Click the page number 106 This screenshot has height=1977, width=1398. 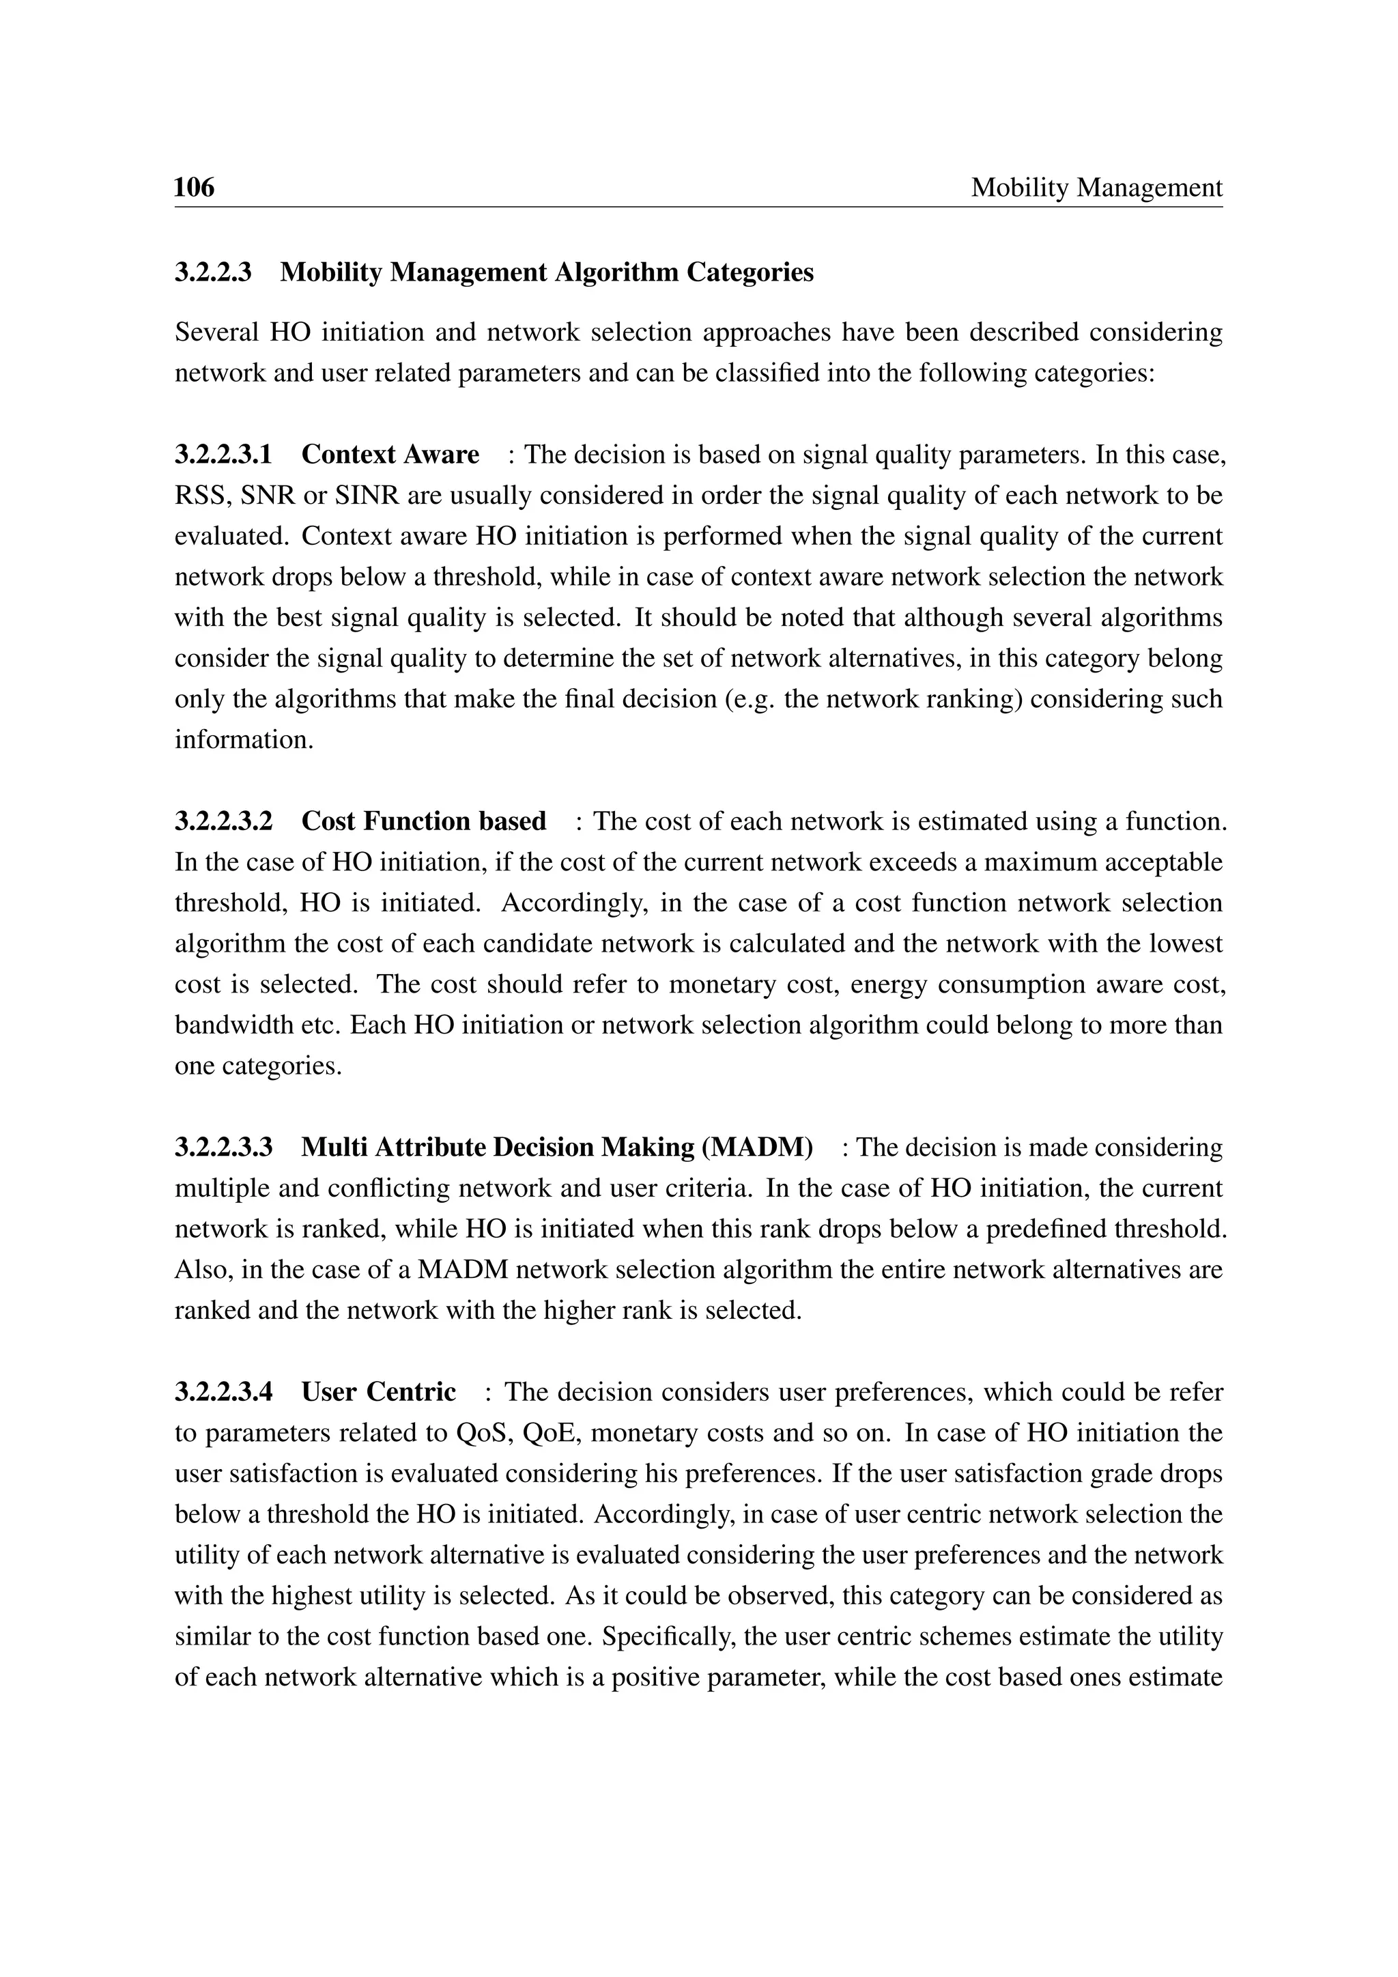(x=194, y=187)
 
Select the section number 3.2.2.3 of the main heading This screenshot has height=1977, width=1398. (x=212, y=272)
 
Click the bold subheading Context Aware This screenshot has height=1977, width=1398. (x=390, y=454)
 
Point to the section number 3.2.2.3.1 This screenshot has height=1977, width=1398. (x=223, y=454)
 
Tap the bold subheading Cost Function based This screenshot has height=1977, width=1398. (x=423, y=821)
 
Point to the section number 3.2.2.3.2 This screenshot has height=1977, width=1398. (x=223, y=821)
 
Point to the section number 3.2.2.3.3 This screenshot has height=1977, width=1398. (x=223, y=1147)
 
